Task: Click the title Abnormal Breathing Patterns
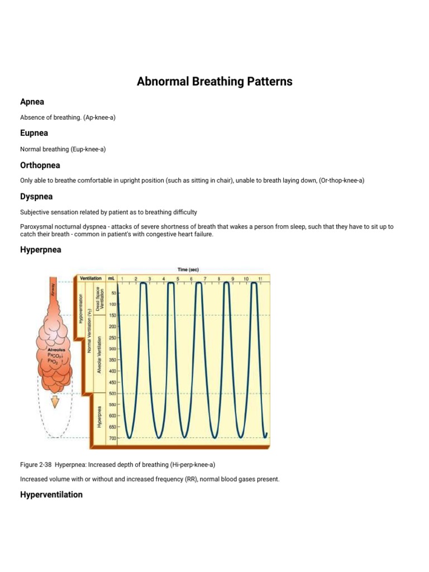pos(214,82)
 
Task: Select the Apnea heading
pos(32,102)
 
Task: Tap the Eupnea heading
pos(34,133)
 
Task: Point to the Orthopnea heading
pos(40,165)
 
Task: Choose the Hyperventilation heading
pos(51,494)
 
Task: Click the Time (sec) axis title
pos(192,269)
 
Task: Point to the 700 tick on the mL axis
pos(113,438)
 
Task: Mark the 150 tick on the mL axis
pos(113,315)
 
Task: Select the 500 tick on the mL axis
pos(113,393)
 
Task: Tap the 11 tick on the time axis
pos(260,278)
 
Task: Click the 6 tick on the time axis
pos(191,278)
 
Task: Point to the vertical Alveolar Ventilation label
pos(99,355)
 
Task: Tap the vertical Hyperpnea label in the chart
pos(99,416)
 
